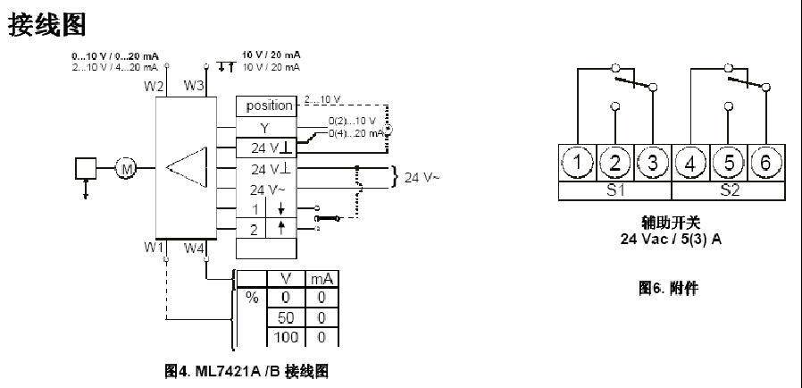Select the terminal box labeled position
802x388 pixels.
[269, 105]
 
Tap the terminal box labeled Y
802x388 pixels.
[264, 128]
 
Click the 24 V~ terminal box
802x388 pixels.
[268, 190]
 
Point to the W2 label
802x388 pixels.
[155, 86]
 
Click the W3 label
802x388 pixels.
[194, 86]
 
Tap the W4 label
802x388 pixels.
[194, 248]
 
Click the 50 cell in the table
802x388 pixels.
[287, 318]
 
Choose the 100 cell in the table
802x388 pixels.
[287, 338]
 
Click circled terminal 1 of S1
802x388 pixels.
[579, 163]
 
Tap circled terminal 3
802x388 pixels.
[653, 163]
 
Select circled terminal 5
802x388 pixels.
[729, 163]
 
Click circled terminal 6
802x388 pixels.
[765, 163]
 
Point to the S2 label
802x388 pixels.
[728, 190]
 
